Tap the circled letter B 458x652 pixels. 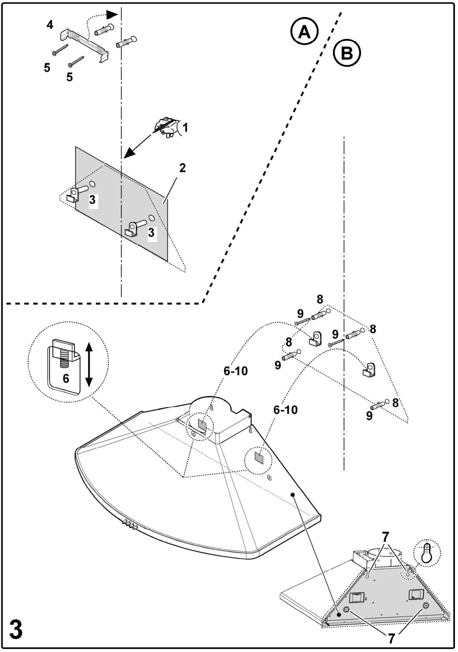tap(347, 53)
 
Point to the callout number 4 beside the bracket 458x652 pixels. tap(50, 25)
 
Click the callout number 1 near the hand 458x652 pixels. tap(185, 127)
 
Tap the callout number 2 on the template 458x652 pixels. tap(182, 168)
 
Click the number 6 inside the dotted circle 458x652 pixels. tap(66, 379)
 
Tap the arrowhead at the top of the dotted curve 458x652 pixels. tap(112, 14)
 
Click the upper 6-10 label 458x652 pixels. tap(235, 371)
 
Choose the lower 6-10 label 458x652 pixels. tap(286, 410)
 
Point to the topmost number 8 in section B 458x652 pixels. tap(320, 299)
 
